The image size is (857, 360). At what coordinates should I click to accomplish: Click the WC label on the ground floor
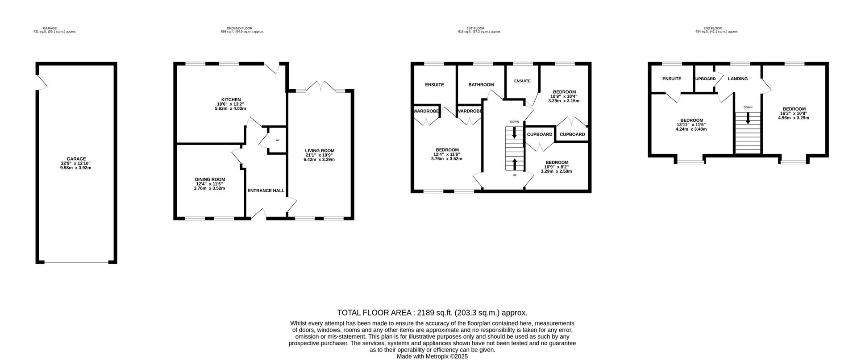tap(277, 140)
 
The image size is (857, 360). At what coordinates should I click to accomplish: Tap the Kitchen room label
tap(231, 99)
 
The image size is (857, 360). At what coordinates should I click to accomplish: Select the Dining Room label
tap(210, 179)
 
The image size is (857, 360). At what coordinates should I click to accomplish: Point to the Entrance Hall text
tap(266, 190)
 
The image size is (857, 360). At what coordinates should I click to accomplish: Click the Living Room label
tap(320, 150)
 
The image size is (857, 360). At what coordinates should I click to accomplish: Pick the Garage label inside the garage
tap(76, 159)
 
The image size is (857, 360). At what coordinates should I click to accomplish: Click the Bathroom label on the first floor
tap(481, 85)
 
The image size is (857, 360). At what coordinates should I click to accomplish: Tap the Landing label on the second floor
tap(737, 79)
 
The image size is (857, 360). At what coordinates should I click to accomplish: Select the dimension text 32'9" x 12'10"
tap(76, 163)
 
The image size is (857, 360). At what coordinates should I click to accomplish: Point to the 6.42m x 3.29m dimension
tap(320, 159)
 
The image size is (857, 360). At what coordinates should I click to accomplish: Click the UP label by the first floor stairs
tap(515, 175)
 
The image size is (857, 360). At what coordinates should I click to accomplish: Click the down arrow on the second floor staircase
tap(748, 118)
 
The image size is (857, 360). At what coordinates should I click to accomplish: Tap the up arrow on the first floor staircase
tap(515, 164)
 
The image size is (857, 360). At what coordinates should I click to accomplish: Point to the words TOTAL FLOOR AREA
tap(374, 313)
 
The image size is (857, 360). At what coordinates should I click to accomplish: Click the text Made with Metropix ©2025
tap(432, 356)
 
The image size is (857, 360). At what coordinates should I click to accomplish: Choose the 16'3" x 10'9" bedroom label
tap(794, 113)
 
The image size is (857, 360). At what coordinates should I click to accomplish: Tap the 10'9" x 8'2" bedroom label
tap(556, 167)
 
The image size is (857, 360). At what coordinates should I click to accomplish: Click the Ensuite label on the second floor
tap(672, 79)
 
